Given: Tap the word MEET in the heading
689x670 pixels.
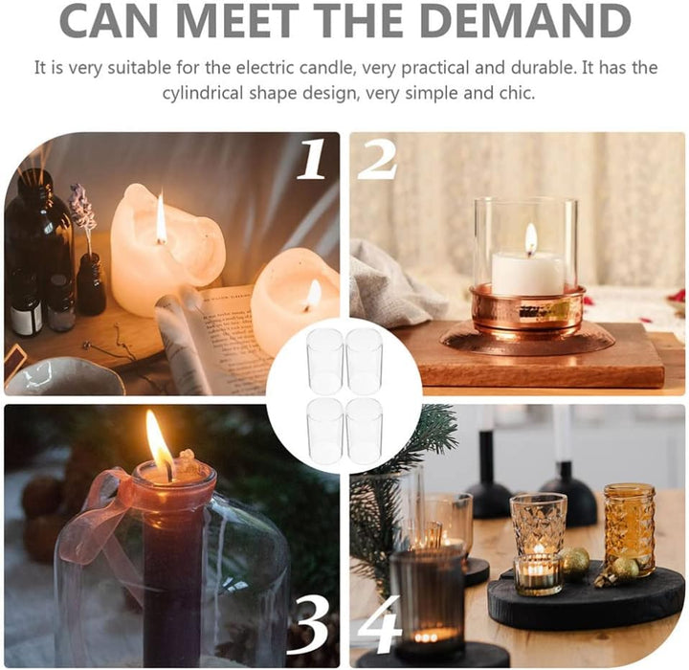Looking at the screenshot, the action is click(x=236, y=20).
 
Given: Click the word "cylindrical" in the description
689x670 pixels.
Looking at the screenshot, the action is click(x=203, y=94).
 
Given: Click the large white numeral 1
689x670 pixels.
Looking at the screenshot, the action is click(x=312, y=159).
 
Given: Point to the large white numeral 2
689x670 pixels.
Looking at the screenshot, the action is click(x=377, y=159).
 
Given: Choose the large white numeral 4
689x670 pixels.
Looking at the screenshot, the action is click(x=379, y=624).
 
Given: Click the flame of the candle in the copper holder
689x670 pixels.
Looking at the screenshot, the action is click(x=531, y=238).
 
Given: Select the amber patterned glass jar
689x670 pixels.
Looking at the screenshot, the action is click(x=629, y=529).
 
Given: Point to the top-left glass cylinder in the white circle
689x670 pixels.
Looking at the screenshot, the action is click(x=325, y=361).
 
